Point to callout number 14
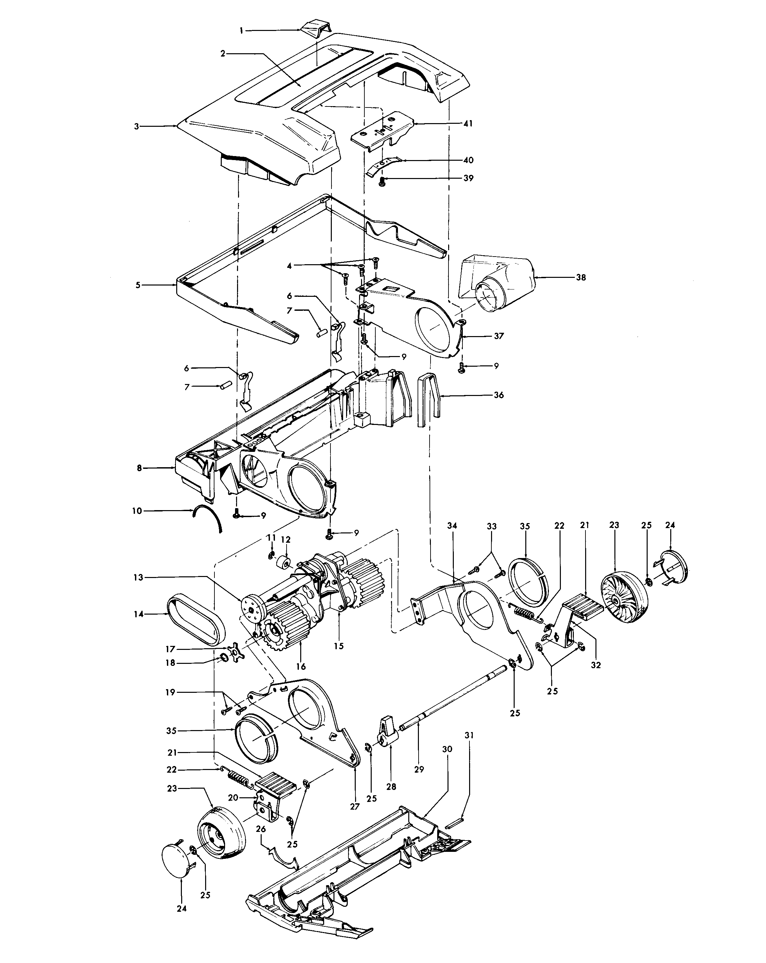[x=139, y=614]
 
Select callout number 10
[x=137, y=510]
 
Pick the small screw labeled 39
[x=382, y=181]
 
